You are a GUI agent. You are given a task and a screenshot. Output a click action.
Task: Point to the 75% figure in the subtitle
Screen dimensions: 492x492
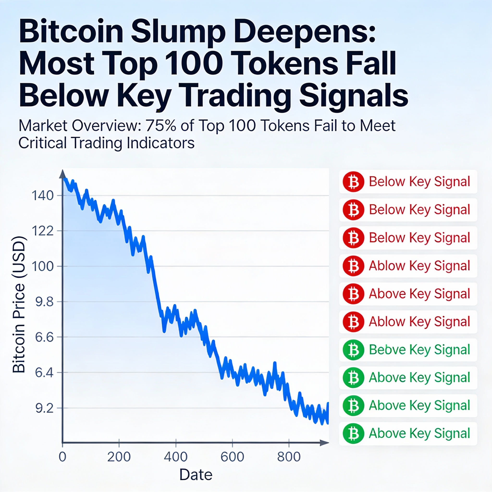click(161, 126)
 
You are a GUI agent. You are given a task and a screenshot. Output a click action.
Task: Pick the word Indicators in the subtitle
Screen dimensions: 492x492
click(161, 143)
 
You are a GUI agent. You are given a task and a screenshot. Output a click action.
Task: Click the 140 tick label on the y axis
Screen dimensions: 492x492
click(43, 196)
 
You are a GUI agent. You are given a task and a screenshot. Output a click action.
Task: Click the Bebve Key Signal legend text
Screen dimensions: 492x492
click(419, 350)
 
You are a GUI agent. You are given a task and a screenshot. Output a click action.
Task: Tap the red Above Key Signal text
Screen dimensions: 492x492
click(419, 294)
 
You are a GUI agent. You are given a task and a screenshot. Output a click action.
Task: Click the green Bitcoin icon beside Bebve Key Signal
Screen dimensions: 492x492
click(353, 350)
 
